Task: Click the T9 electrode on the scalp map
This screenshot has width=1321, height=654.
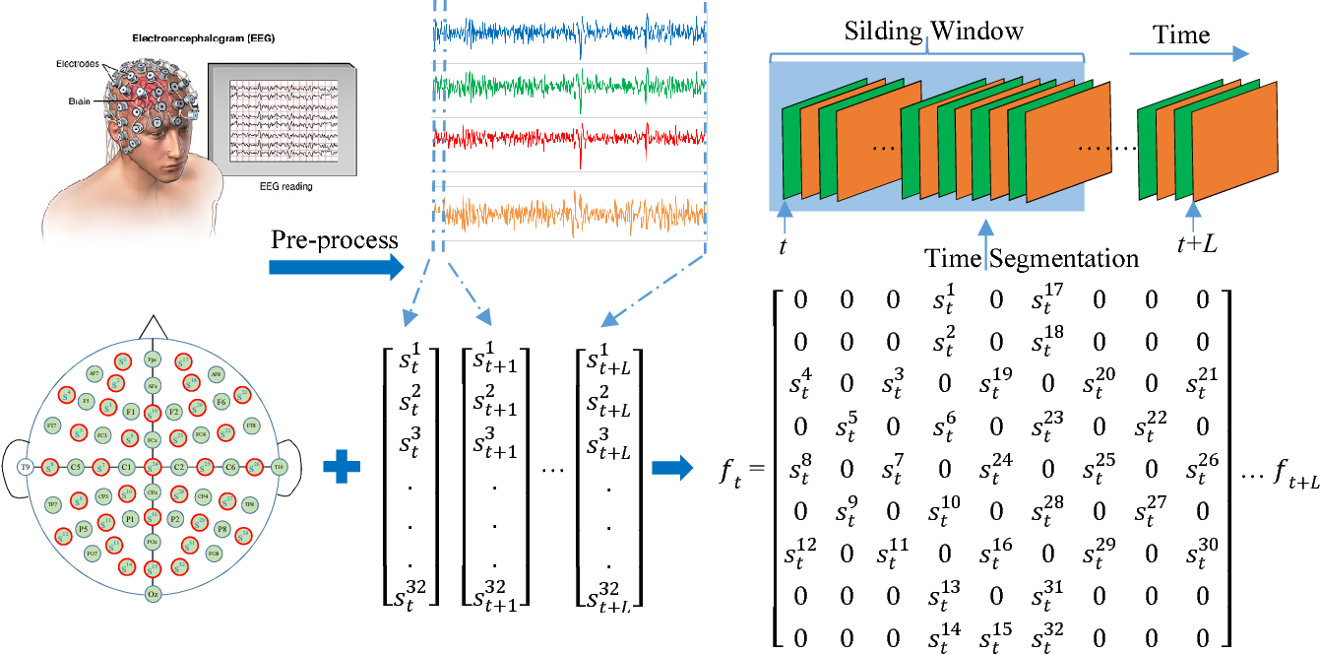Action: coord(26,466)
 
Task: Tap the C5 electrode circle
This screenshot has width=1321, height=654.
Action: coord(75,467)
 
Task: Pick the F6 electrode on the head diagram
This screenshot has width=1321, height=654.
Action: coord(221,402)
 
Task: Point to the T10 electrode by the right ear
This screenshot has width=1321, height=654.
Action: coord(280,466)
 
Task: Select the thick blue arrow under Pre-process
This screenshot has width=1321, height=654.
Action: coord(336,266)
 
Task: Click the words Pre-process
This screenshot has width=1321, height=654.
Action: coord(335,240)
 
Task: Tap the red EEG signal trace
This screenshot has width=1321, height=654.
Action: coord(570,140)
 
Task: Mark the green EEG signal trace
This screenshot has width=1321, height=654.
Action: coord(570,87)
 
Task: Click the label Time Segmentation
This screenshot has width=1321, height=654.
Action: coord(1031,259)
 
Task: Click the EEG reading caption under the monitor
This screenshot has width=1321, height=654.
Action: coord(267,184)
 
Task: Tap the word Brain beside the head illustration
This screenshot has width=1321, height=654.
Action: coord(81,100)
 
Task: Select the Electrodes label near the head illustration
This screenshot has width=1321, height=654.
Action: coord(77,63)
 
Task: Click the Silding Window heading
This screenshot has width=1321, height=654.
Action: coord(933,31)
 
